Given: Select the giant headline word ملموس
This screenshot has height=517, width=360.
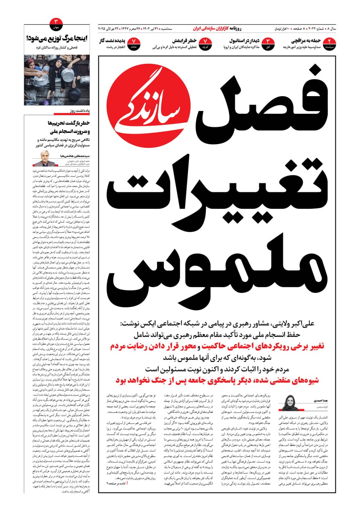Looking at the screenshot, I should pos(218,271).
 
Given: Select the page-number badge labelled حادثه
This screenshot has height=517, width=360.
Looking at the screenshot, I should pos(134,43).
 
